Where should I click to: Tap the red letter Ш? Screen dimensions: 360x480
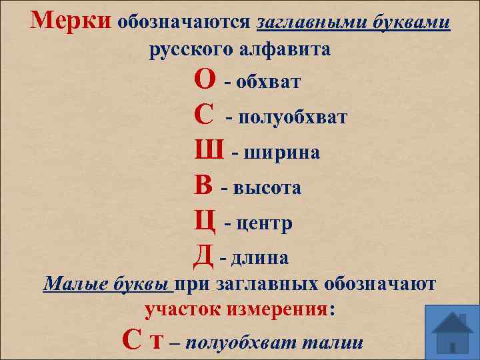209,151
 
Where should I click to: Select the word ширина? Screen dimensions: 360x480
284,153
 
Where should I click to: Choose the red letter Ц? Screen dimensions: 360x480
205,221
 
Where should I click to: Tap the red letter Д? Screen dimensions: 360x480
204,255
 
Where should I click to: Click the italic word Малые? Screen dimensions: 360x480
71,285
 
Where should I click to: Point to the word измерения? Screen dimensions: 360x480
279,310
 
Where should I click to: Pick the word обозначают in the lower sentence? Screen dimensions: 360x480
380,285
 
